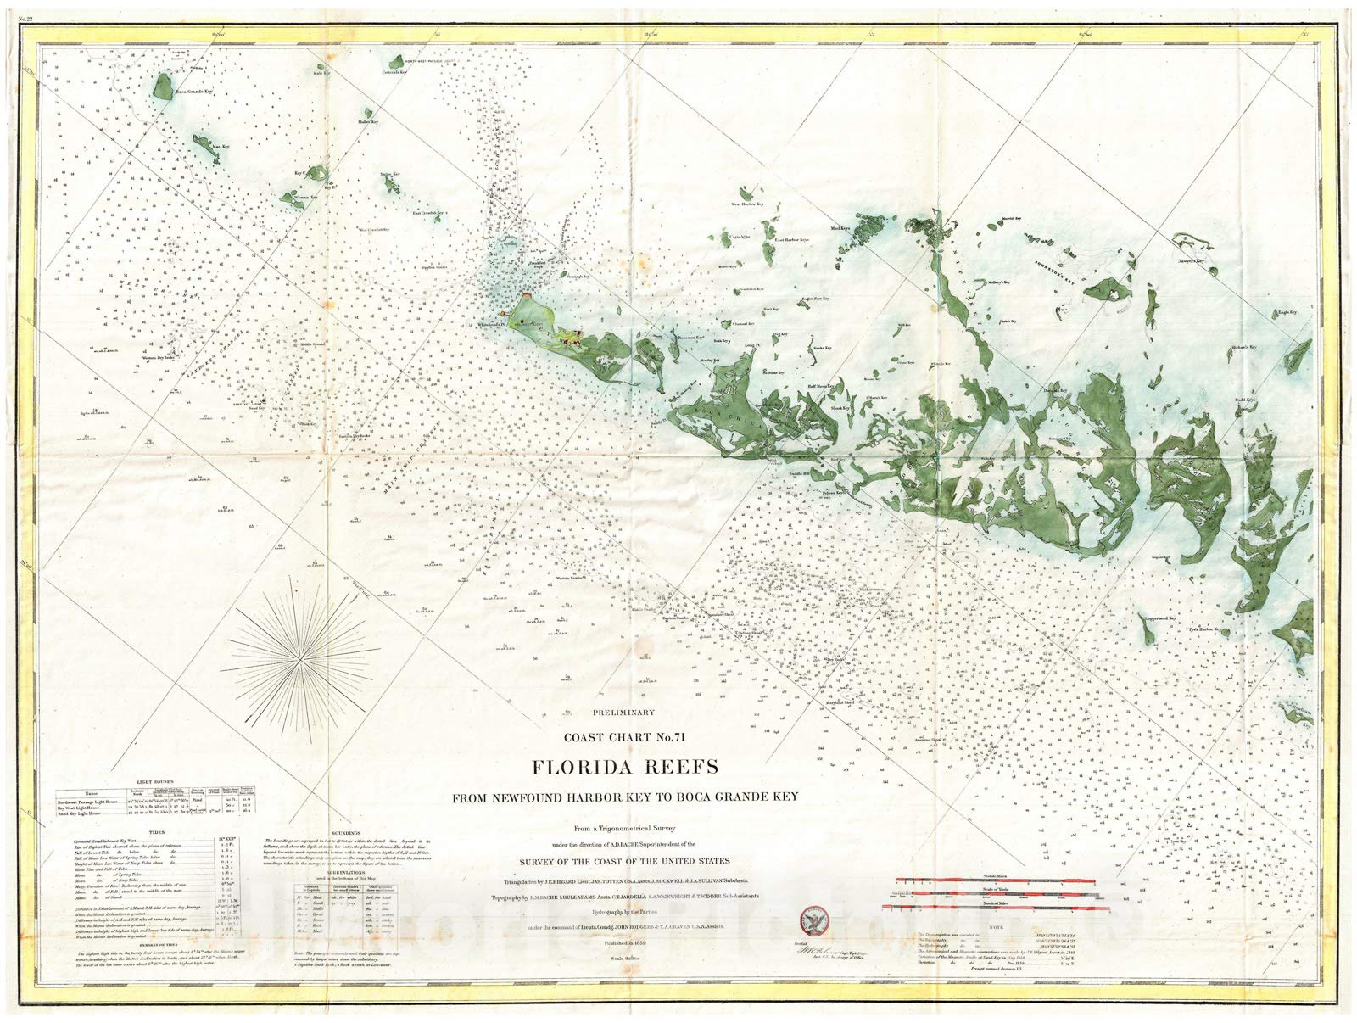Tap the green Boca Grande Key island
coord(160,86)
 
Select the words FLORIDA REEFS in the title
coord(624,768)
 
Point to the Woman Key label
coord(303,197)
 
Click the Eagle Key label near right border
coord(1287,313)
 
